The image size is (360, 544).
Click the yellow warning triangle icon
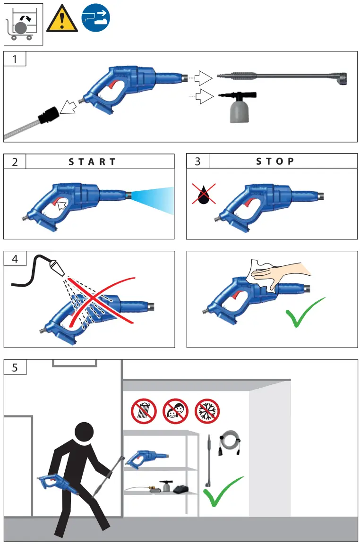[61, 21]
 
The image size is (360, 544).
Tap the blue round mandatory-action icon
[97, 18]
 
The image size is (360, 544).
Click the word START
[92, 161]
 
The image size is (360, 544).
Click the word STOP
[275, 161]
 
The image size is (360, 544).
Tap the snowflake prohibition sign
[207, 410]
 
